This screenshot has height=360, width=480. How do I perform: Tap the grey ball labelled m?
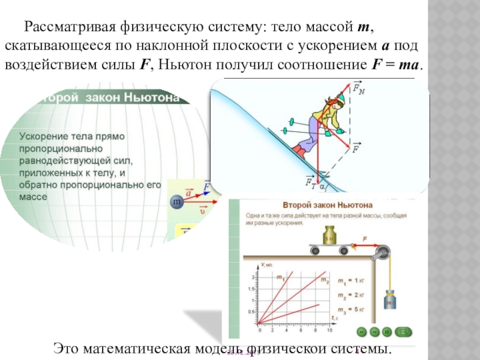(178, 203)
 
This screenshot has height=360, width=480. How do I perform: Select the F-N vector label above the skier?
(358, 89)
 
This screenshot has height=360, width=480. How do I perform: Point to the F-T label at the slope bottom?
(310, 181)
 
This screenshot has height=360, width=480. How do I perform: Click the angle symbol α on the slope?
(322, 187)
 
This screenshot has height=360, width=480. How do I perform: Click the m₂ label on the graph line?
(325, 280)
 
